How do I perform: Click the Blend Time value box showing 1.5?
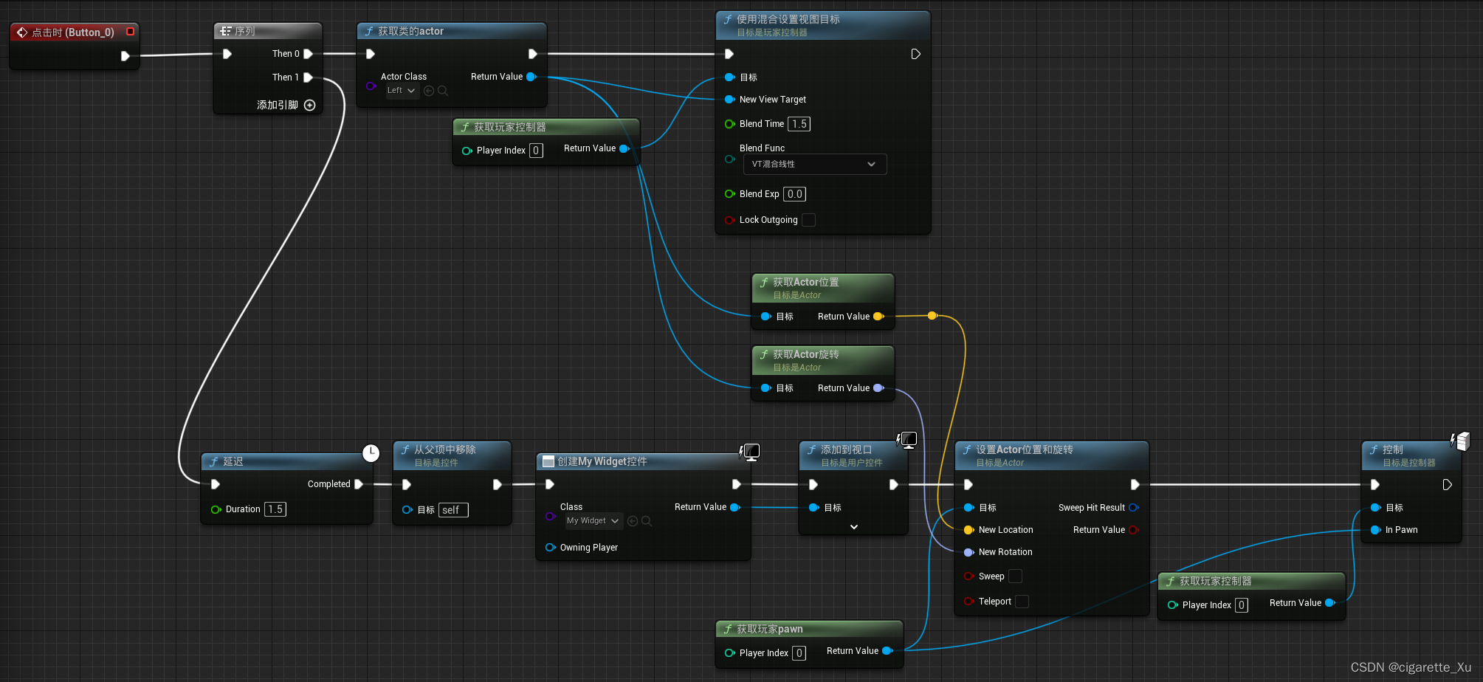pos(799,124)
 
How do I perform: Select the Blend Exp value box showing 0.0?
pos(794,194)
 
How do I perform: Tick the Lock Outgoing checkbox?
pos(809,220)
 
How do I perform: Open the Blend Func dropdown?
pos(814,164)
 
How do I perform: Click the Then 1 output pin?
pos(308,77)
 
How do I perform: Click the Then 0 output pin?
pos(308,54)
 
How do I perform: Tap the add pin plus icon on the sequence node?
pos(310,106)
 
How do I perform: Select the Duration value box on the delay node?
pos(275,509)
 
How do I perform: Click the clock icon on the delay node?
pos(371,453)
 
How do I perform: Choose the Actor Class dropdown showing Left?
pos(402,91)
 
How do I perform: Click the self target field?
pos(453,510)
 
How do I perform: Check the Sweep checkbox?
pos(1016,576)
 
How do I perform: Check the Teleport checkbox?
pos(1022,602)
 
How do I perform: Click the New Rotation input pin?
pos(969,552)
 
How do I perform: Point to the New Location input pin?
pos(969,530)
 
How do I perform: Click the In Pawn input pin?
pos(1376,530)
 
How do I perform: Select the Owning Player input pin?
pos(550,548)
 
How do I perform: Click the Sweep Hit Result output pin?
pos(1134,508)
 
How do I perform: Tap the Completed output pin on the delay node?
pos(359,484)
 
